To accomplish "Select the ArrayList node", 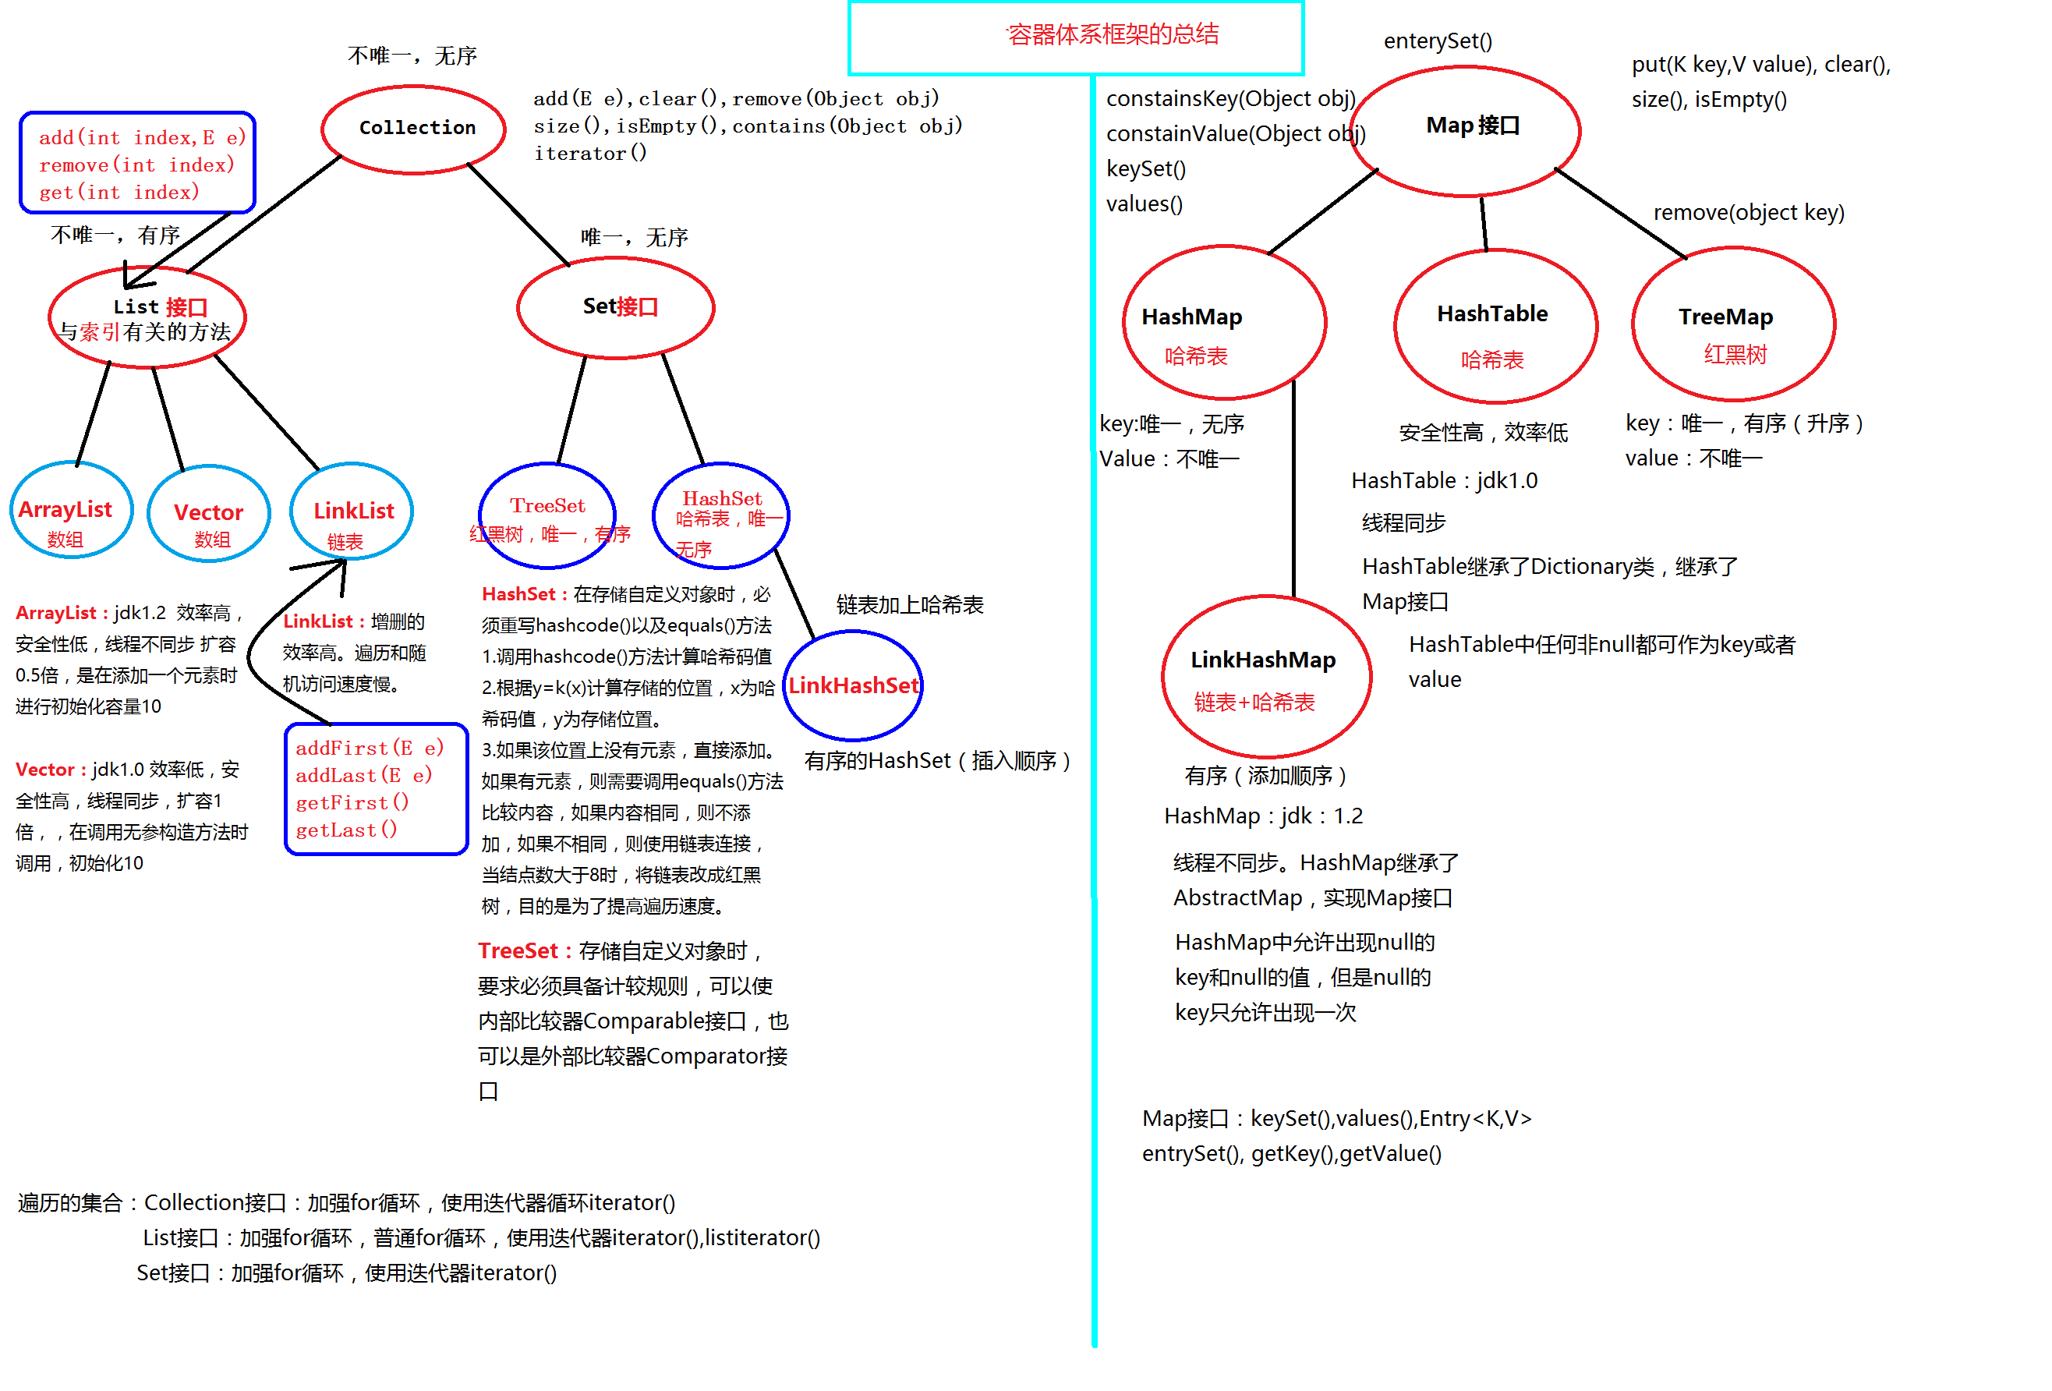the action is click(71, 510).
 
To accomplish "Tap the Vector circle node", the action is click(208, 513).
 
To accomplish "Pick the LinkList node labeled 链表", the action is click(352, 511).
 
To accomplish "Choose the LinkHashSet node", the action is click(853, 685).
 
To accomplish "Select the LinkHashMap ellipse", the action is click(1266, 676).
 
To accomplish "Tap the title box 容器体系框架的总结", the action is click(1075, 37).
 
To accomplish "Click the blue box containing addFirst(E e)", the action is click(376, 788).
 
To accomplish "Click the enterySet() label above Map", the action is click(1438, 41).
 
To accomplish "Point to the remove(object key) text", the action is click(1748, 212).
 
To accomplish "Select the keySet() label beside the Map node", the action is click(1145, 168).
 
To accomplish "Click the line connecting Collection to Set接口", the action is click(518, 214).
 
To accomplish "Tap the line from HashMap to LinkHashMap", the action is click(1293, 490).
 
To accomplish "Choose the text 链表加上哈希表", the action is click(910, 605).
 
